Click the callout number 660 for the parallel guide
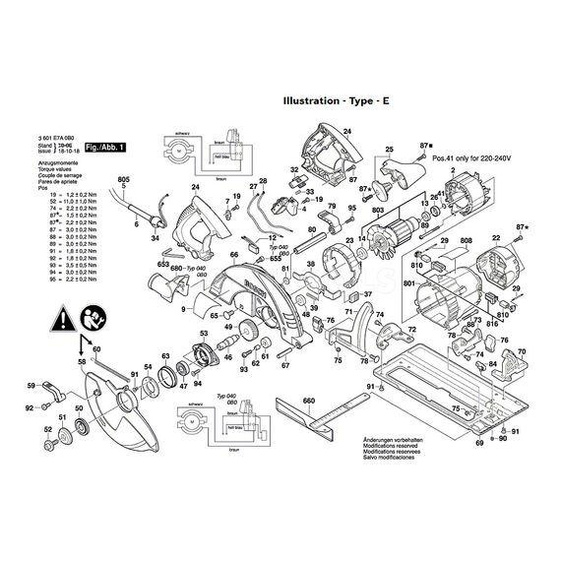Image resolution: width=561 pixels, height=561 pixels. coord(308,402)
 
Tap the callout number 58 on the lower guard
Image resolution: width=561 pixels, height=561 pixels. coord(82,362)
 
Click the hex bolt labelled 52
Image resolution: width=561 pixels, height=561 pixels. coord(49,448)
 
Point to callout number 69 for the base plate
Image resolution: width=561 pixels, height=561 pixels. coord(480,445)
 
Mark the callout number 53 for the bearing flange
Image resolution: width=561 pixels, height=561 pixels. coord(204,336)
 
